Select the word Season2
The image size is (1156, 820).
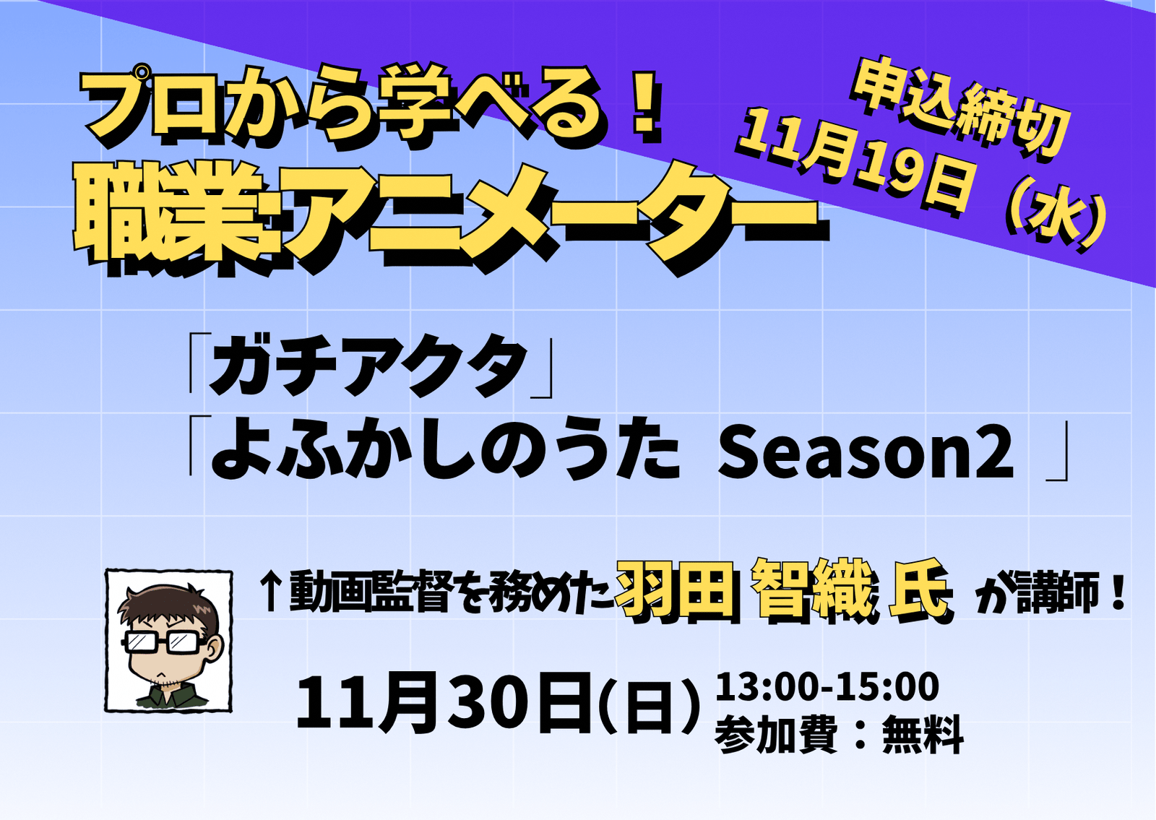pyautogui.click(x=865, y=453)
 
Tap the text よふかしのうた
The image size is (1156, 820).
pyautogui.click(x=445, y=453)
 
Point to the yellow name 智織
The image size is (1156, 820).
pyautogui.click(x=814, y=592)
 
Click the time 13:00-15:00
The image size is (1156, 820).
pyautogui.click(x=827, y=686)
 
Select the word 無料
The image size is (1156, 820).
pyautogui.click(x=922, y=735)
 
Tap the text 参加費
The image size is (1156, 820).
pyautogui.click(x=776, y=735)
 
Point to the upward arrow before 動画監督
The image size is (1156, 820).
pyautogui.click(x=270, y=592)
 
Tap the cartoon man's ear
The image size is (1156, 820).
pyautogui.click(x=215, y=648)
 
